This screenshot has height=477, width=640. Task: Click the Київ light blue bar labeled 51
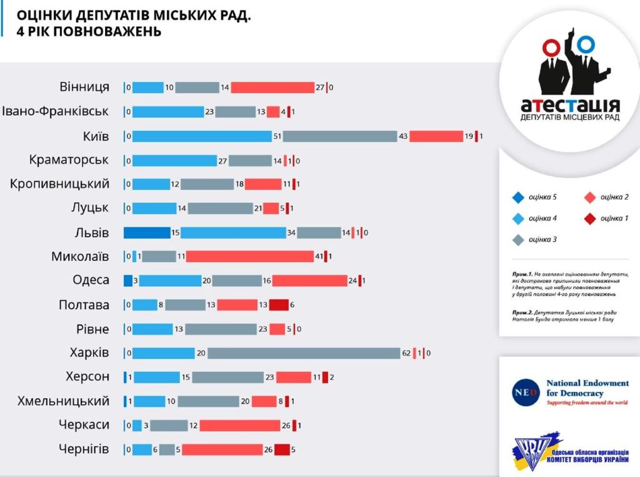(202, 136)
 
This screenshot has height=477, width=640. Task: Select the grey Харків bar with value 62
(303, 353)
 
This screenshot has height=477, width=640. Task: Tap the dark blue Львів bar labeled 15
(146, 233)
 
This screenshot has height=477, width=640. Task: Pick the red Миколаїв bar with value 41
(250, 257)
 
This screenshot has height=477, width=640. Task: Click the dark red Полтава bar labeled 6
(279, 305)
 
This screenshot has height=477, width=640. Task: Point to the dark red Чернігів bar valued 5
(281, 449)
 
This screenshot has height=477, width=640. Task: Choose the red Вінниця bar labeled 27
(272, 88)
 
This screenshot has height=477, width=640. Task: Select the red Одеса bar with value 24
(309, 280)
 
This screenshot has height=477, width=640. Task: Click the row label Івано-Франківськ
(55, 111)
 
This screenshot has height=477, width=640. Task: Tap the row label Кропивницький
(60, 184)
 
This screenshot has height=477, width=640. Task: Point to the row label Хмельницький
(64, 401)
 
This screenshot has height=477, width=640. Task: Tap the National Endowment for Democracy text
(587, 388)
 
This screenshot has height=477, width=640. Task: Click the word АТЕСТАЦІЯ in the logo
(570, 105)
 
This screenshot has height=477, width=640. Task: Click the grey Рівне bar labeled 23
(221, 329)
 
